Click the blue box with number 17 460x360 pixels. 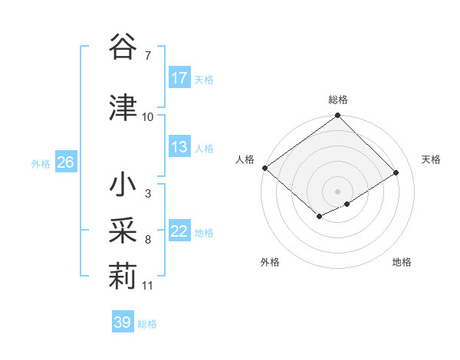click(x=179, y=78)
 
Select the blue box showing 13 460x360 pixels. click(x=179, y=147)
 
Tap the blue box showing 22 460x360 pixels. click(x=179, y=232)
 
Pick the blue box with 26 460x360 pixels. click(x=65, y=163)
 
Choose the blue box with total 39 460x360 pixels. click(x=122, y=322)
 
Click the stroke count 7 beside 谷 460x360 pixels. click(x=147, y=55)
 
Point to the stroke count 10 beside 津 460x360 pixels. click(x=147, y=116)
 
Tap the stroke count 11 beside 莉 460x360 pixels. click(x=147, y=286)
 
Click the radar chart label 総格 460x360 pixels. click(x=338, y=100)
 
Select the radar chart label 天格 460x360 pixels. click(x=431, y=159)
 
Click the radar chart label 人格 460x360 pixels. click(x=245, y=159)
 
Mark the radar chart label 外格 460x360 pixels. click(x=270, y=262)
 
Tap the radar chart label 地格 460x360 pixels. click(x=402, y=262)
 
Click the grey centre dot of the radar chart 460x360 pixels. click(x=337, y=191)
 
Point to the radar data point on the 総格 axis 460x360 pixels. click(x=337, y=116)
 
